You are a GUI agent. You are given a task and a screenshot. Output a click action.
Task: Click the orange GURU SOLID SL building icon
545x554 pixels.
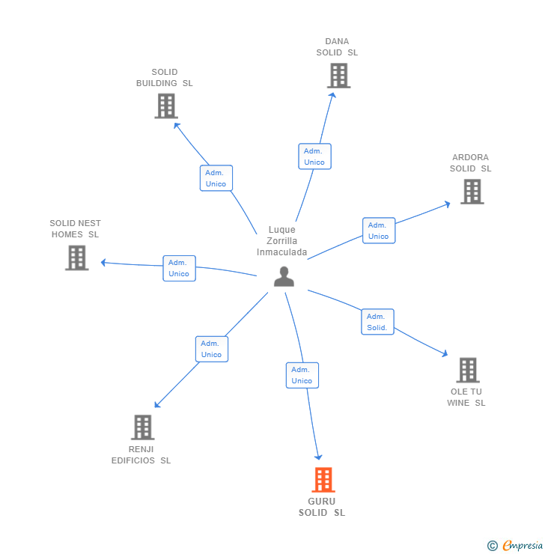[323, 479]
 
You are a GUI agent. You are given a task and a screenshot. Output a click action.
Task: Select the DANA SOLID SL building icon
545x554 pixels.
[338, 76]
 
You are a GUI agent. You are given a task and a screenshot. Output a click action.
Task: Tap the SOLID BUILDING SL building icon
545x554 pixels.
[166, 106]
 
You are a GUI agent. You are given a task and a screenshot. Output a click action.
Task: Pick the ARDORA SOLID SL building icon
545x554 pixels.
[472, 192]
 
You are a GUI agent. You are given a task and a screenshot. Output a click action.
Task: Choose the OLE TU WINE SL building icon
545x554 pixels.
[468, 370]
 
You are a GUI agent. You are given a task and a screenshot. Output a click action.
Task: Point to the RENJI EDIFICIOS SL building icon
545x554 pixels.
[142, 427]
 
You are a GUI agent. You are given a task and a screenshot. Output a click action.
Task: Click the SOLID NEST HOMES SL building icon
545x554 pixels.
[76, 258]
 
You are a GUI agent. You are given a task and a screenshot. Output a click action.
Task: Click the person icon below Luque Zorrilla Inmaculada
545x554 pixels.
[284, 276]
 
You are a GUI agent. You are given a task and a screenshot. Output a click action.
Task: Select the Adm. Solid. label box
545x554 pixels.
[377, 322]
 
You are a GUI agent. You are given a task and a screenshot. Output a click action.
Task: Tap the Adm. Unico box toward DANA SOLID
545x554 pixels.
[314, 156]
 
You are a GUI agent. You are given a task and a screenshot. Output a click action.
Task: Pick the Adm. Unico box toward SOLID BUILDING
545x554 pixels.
[216, 178]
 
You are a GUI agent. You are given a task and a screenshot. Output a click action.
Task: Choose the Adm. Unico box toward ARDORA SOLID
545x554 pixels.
[379, 231]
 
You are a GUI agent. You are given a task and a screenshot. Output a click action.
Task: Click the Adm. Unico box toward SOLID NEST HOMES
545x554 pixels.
[179, 268]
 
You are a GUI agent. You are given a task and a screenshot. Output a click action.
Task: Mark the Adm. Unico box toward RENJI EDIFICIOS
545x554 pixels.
[212, 349]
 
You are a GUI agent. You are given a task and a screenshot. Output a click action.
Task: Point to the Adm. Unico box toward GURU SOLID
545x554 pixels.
[302, 375]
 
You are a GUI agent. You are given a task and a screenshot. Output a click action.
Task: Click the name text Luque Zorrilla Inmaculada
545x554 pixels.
[282, 241]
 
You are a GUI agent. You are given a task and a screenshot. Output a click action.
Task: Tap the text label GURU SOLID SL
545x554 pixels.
[322, 507]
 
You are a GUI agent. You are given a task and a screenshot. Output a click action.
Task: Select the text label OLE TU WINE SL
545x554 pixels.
[466, 397]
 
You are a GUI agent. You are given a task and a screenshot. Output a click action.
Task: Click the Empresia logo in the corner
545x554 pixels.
[515, 546]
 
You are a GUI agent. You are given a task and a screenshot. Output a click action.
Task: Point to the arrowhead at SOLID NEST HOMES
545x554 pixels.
[103, 262]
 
